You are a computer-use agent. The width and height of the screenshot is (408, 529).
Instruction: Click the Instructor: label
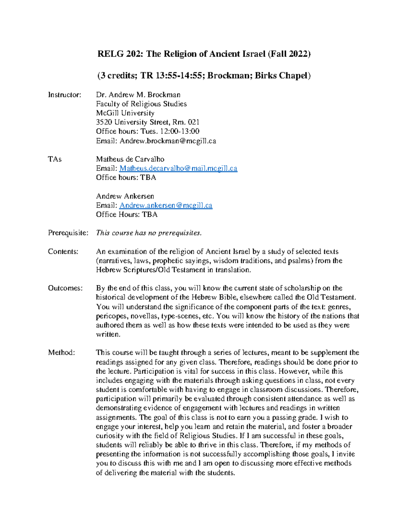(x=65, y=95)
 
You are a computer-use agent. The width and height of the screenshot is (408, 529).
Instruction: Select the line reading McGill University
(x=125, y=113)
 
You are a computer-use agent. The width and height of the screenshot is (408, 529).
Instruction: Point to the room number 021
(x=193, y=122)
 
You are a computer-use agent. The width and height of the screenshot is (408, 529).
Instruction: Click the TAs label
(x=55, y=159)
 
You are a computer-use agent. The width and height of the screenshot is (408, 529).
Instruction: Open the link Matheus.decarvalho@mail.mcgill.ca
(x=178, y=168)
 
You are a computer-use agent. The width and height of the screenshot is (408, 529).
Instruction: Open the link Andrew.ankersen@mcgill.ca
(x=166, y=205)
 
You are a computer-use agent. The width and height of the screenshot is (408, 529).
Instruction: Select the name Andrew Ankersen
(x=125, y=196)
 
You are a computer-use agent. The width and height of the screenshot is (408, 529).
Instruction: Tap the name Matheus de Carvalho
(x=130, y=159)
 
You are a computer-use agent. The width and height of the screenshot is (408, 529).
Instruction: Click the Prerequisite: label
(x=68, y=233)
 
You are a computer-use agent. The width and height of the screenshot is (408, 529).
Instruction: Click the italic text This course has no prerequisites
(x=149, y=233)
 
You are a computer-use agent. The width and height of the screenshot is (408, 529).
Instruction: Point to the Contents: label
(x=63, y=252)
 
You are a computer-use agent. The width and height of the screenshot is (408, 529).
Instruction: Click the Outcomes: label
(x=65, y=288)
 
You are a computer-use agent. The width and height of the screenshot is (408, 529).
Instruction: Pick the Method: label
(x=62, y=353)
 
